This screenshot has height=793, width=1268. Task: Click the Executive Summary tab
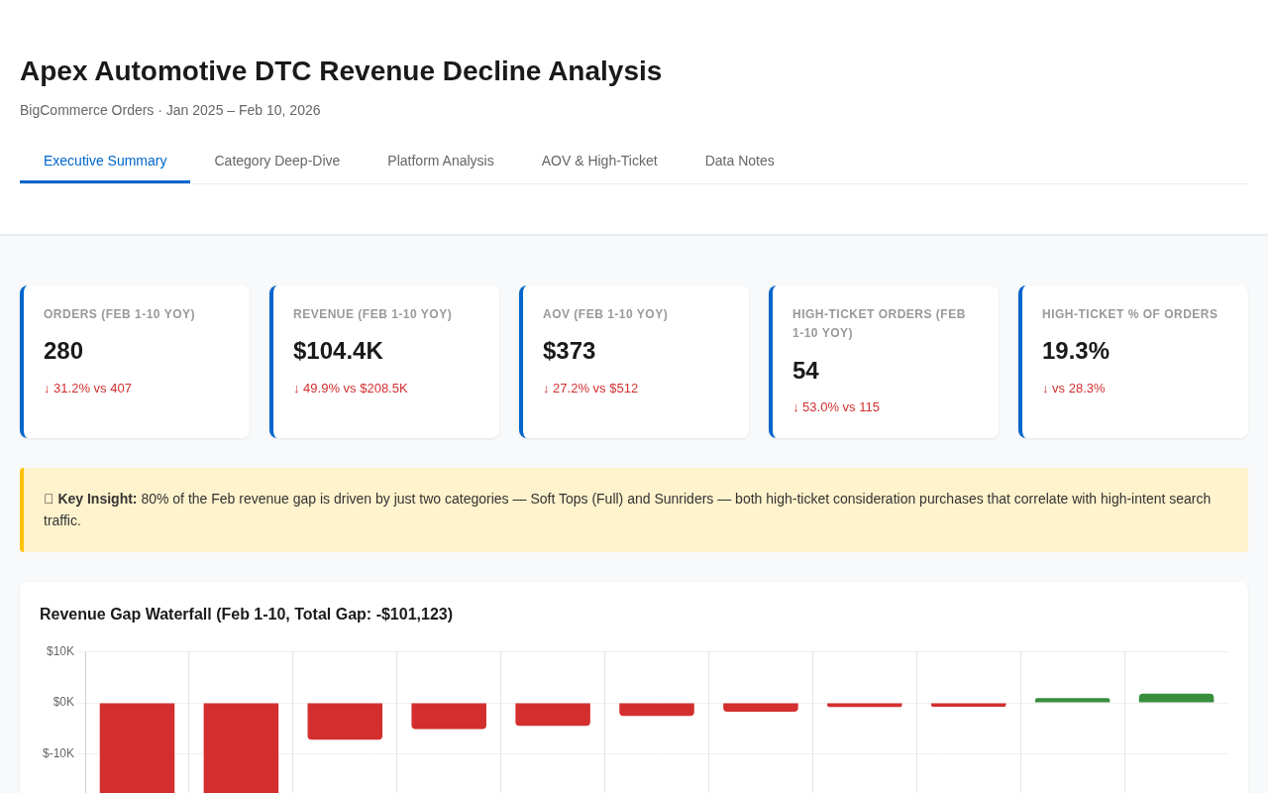[105, 161]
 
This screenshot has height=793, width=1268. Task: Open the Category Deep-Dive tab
[277, 161]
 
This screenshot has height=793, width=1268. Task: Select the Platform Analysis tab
[441, 161]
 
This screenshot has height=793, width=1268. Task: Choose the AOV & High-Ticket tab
[599, 161]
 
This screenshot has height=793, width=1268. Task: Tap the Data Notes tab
[740, 161]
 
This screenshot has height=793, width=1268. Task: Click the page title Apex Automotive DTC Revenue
[341, 71]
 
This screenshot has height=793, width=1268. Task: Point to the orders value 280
[63, 351]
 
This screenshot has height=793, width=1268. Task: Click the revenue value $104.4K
[338, 351]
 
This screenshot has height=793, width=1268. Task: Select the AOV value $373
[569, 351]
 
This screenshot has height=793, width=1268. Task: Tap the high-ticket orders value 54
[805, 371]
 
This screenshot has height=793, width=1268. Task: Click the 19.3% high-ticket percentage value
[1075, 351]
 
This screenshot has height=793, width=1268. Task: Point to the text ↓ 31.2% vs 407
[87, 389]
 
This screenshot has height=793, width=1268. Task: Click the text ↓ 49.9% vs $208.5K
[350, 389]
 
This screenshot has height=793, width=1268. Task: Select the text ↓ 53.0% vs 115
[835, 407]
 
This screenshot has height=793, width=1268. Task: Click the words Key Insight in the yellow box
[97, 499]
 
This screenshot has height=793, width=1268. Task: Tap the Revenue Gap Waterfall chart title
[246, 615]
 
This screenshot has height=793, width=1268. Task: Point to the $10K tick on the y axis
[60, 651]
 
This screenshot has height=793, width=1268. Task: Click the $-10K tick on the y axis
[58, 753]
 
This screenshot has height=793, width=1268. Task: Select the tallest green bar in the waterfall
[1176, 698]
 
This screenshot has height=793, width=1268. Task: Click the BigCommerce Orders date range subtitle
[169, 110]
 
